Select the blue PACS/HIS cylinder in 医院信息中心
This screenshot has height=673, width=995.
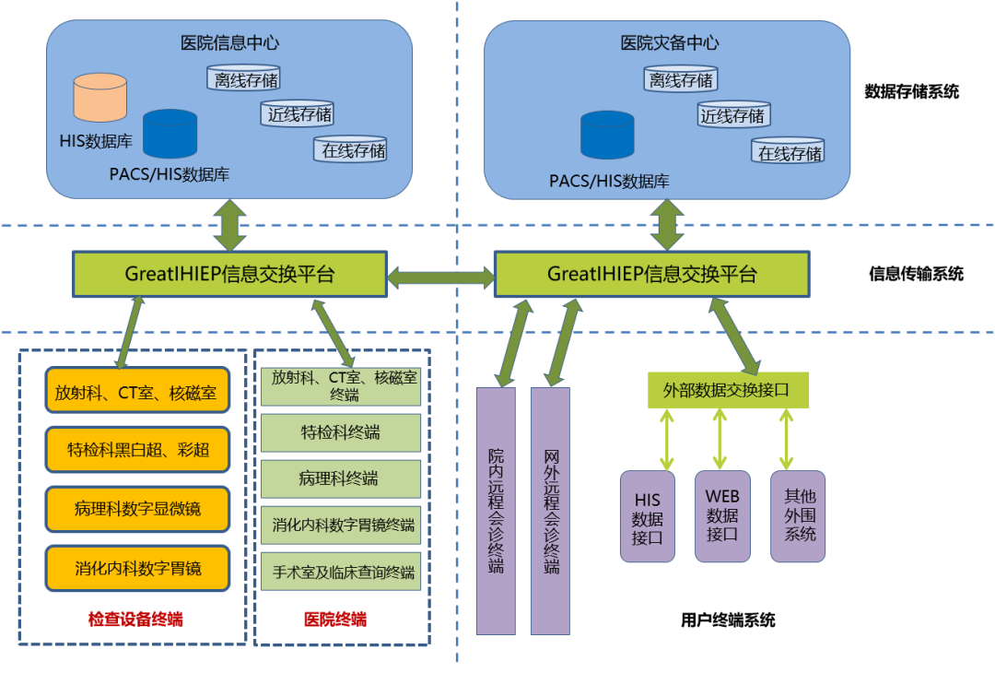click(170, 135)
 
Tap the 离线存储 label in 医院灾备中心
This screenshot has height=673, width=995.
click(681, 80)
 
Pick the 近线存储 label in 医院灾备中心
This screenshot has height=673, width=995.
click(732, 115)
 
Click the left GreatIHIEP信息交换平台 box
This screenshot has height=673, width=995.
click(229, 274)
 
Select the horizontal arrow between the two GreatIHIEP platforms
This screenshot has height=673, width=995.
click(441, 275)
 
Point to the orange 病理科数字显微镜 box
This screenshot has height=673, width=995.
click(137, 509)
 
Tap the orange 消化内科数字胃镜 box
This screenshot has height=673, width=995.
click(137, 568)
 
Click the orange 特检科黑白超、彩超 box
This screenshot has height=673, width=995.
click(137, 450)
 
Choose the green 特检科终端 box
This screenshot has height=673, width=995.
click(340, 432)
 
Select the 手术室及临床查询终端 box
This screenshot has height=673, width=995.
click(340, 572)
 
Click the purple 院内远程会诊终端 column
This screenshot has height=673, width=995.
click(496, 511)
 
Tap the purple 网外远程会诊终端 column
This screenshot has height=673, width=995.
click(550, 511)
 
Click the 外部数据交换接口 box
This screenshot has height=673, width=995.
click(727, 390)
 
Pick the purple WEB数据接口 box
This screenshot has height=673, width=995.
click(722, 516)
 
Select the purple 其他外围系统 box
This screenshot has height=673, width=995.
click(798, 516)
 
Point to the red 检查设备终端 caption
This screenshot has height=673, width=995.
click(135, 620)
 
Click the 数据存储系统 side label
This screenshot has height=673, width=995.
click(911, 91)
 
